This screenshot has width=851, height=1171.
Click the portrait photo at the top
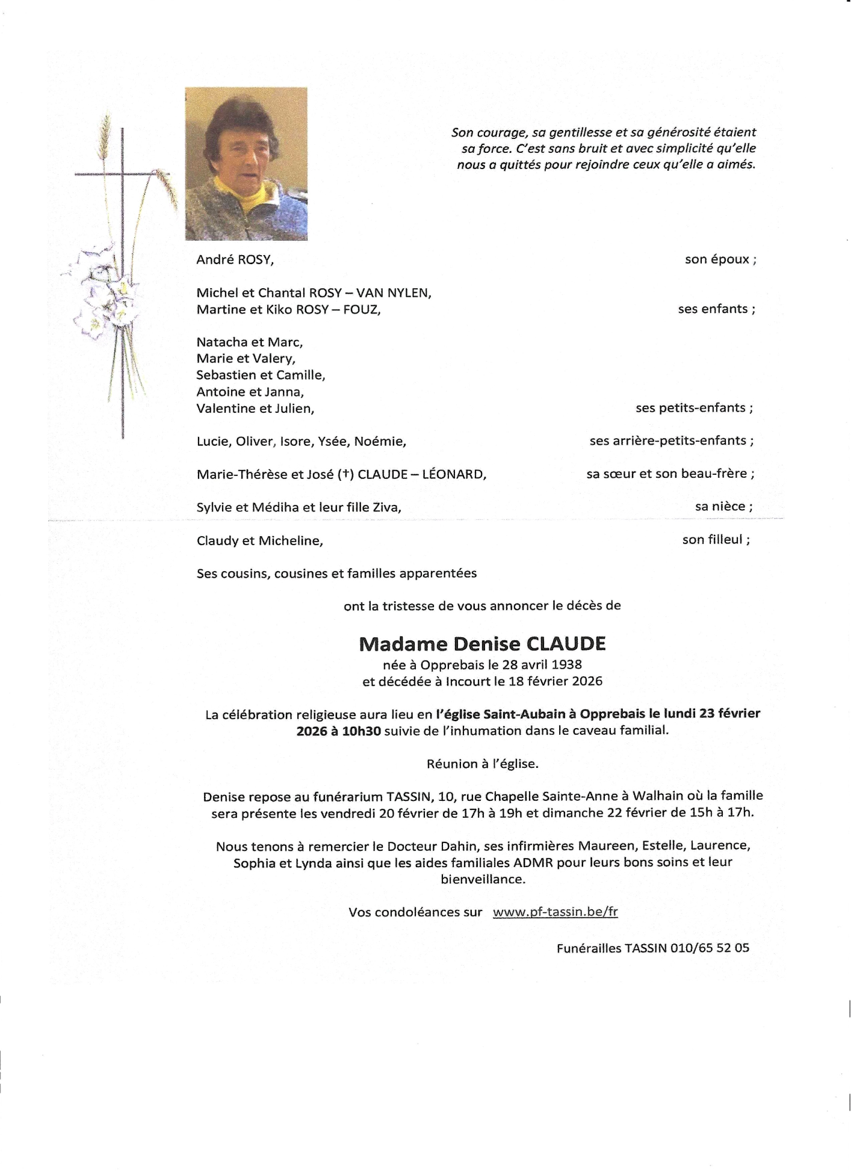(x=246, y=164)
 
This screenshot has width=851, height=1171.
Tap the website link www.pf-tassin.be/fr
(x=555, y=912)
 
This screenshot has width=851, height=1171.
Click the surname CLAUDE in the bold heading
(x=566, y=644)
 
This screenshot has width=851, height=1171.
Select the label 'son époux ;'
(x=720, y=259)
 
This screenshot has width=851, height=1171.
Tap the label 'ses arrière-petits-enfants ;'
(x=672, y=440)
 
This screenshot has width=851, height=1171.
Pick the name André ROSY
(x=235, y=260)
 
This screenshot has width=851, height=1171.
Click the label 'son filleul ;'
(x=716, y=540)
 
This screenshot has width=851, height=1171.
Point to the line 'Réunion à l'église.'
(x=482, y=764)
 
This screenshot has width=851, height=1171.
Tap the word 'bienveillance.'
(x=483, y=879)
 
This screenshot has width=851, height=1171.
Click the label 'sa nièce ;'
(x=723, y=507)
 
